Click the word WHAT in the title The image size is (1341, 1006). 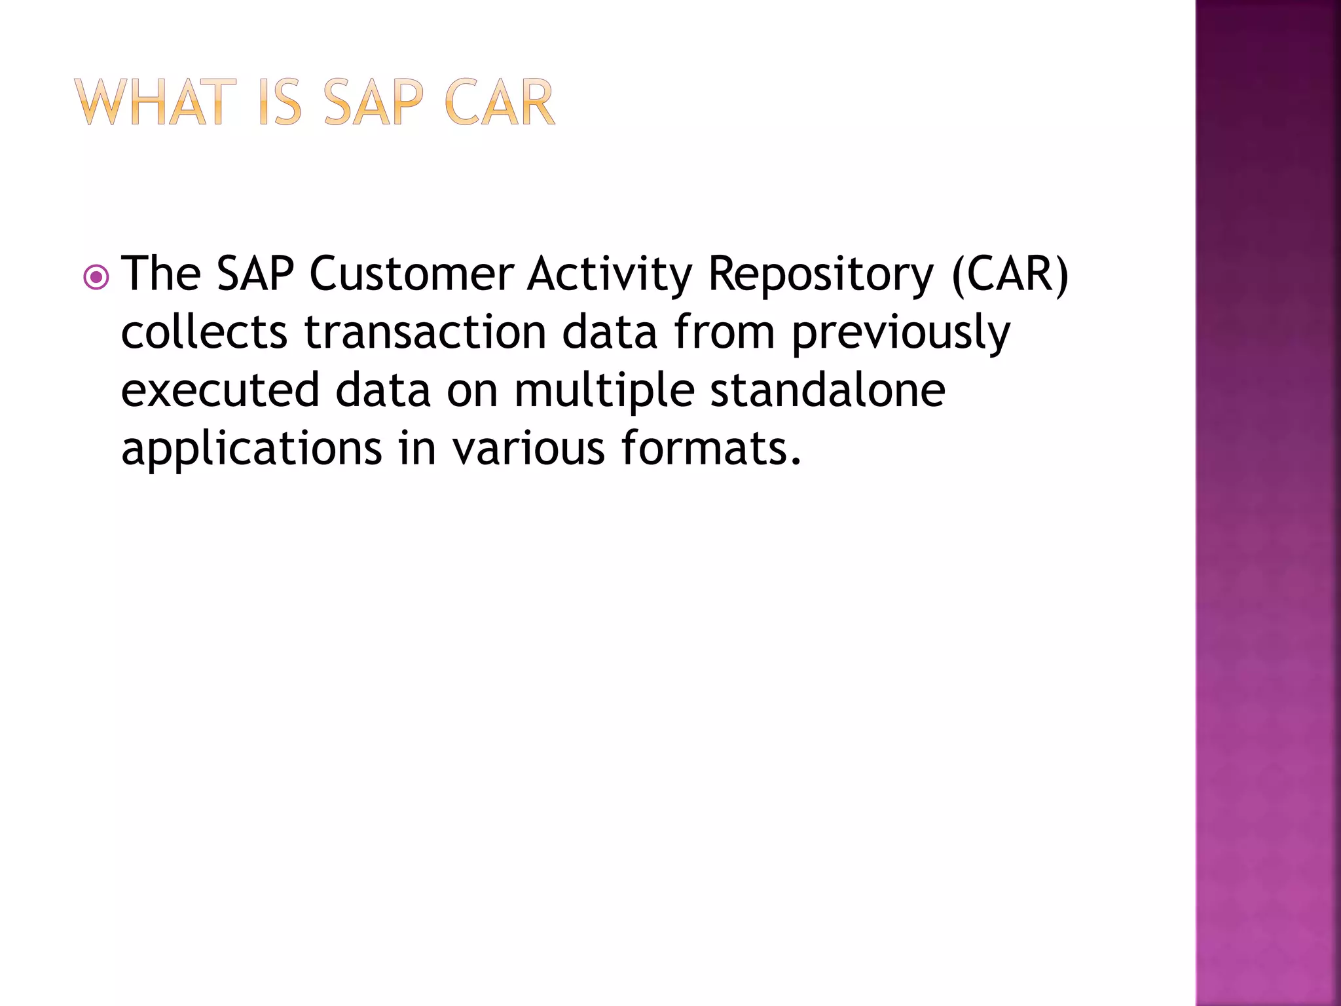coord(155,103)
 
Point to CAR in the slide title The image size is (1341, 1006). coord(500,103)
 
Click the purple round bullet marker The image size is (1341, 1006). coord(96,278)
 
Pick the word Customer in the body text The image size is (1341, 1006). coord(412,274)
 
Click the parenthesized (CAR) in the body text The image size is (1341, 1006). coord(1010,275)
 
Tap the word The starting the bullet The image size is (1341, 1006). coord(161,274)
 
